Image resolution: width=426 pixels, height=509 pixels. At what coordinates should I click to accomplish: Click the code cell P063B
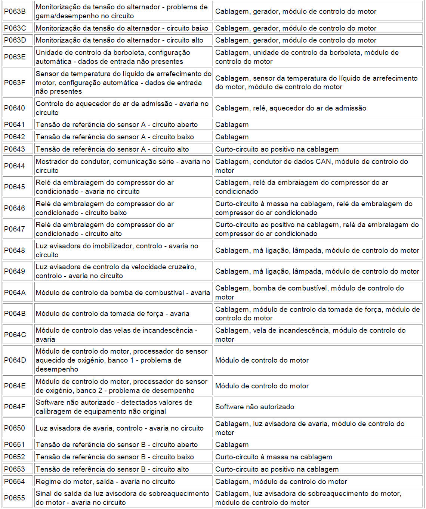pyautogui.click(x=15, y=12)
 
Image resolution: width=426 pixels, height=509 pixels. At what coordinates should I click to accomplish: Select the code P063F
pyautogui.click(x=15, y=83)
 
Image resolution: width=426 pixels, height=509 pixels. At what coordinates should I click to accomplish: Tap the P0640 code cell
pyautogui.click(x=15, y=108)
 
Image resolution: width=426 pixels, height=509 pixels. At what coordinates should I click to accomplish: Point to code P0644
pyautogui.click(x=15, y=166)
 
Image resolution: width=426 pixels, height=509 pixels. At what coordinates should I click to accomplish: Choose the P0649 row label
pyautogui.click(x=15, y=271)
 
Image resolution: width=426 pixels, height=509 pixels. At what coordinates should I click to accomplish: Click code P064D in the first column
pyautogui.click(x=15, y=360)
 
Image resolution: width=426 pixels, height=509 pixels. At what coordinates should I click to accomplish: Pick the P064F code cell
pyautogui.click(x=15, y=407)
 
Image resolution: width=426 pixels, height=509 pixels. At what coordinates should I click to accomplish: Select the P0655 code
pyautogui.click(x=15, y=498)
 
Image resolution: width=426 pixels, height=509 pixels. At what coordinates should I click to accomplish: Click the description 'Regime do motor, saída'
pyautogui.click(x=105, y=481)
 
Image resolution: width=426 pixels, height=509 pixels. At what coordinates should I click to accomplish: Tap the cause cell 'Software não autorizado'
pyautogui.click(x=254, y=407)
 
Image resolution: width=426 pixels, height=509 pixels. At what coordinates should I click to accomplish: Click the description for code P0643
pyautogui.click(x=112, y=149)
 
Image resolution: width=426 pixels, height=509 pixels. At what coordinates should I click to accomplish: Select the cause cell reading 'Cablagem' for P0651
pyautogui.click(x=232, y=444)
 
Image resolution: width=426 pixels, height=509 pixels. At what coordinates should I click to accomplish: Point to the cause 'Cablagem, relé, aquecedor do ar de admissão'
pyautogui.click(x=290, y=108)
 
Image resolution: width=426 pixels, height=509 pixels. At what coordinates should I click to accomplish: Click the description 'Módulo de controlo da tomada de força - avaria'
pyautogui.click(x=112, y=314)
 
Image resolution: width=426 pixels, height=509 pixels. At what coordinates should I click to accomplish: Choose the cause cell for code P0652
pyautogui.click(x=274, y=457)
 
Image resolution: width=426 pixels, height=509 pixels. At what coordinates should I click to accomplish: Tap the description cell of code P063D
pyautogui.click(x=119, y=40)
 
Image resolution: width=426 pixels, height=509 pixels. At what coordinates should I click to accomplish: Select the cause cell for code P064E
pyautogui.click(x=262, y=386)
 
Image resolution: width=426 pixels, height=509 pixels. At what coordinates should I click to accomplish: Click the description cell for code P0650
pyautogui.click(x=119, y=428)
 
